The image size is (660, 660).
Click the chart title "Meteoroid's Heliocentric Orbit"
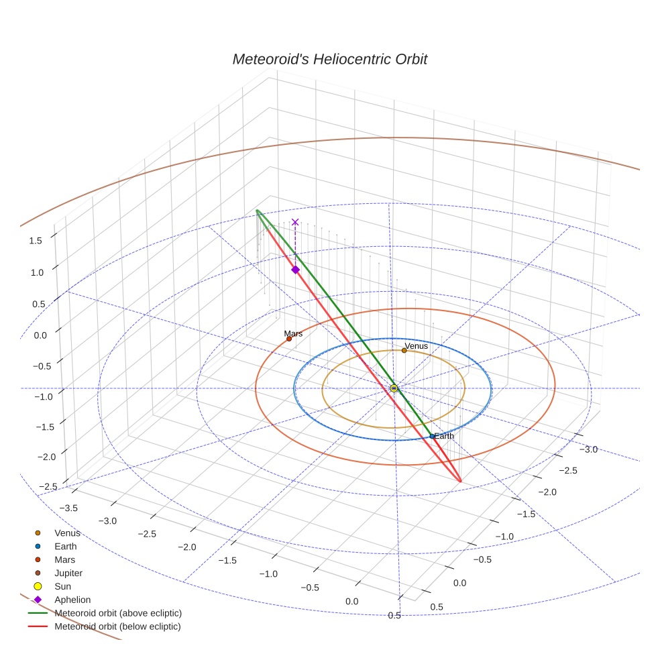click(329, 59)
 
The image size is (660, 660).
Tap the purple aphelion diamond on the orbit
click(295, 270)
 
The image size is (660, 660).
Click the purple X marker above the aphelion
click(295, 222)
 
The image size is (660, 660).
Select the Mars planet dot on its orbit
click(289, 339)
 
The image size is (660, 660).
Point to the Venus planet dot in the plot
click(404, 350)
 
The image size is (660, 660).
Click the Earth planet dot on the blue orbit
click(432, 437)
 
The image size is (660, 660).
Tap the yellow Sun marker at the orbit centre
click(394, 388)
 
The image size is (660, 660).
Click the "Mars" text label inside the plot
click(293, 333)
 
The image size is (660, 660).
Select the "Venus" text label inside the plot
click(416, 345)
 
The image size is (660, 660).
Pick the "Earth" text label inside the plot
click(444, 436)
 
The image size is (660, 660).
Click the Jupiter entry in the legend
click(68, 573)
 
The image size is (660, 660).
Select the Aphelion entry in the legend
click(72, 600)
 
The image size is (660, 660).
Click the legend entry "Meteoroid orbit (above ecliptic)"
click(118, 613)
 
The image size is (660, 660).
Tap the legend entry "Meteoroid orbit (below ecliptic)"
click(117, 626)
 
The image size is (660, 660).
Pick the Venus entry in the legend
click(67, 533)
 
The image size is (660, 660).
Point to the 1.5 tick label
click(36, 240)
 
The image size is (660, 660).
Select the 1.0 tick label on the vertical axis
click(36, 272)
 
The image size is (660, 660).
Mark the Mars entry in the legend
click(64, 559)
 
